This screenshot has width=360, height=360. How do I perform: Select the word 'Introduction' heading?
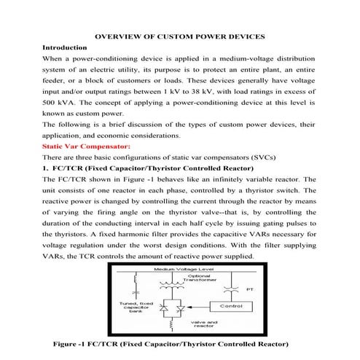(x=65, y=46)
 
